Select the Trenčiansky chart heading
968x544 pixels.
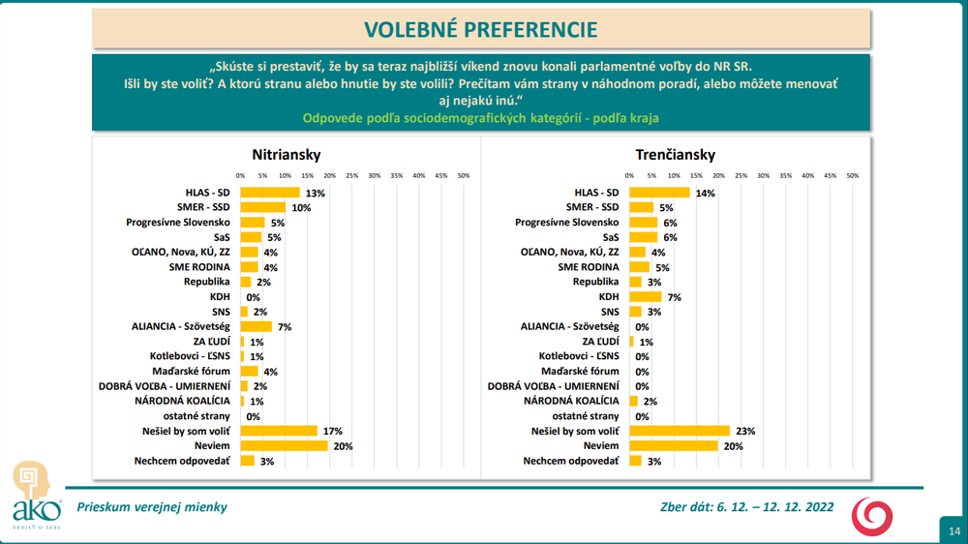(675, 155)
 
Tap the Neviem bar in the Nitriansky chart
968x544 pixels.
(284, 446)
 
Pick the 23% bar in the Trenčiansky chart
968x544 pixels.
(680, 431)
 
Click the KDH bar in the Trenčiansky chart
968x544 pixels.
(646, 297)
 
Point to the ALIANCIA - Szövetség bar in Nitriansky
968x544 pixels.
(256, 327)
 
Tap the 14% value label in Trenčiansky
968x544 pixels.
(705, 194)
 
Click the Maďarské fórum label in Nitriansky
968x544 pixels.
(190, 371)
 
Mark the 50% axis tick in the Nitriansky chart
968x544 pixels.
(464, 176)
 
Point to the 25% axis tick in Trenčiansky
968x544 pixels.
(741, 176)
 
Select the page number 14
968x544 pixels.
(953, 529)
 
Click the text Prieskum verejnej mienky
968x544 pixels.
(152, 506)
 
